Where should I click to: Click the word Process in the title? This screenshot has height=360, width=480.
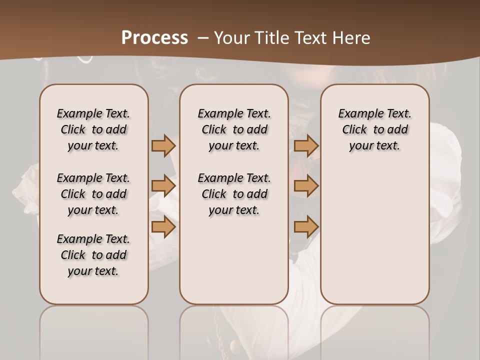pos(154,38)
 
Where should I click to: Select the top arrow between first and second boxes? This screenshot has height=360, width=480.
pos(163,145)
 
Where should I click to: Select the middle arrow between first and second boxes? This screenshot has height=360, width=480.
pos(163,186)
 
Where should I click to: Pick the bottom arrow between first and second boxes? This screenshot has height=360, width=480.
pos(163,227)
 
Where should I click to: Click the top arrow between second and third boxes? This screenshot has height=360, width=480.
pos(306,145)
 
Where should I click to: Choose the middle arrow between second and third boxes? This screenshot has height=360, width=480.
pos(306,186)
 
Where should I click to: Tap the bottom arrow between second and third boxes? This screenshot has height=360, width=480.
pos(306,227)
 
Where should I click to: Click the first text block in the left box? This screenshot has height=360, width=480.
pos(93,129)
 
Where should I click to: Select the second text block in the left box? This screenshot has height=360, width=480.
pos(93,194)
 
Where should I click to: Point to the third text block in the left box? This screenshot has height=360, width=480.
pos(93,255)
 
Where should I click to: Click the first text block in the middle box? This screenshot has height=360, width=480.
pos(234,129)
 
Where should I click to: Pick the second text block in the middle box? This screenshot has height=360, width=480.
pos(234,194)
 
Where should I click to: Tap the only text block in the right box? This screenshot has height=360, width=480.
pos(375,129)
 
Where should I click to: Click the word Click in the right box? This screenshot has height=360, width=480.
pos(354,130)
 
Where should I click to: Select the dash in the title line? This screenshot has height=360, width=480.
pos(203,38)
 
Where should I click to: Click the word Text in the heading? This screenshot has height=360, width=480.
pos(310,38)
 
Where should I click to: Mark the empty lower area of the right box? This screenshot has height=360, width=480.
pos(375,235)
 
